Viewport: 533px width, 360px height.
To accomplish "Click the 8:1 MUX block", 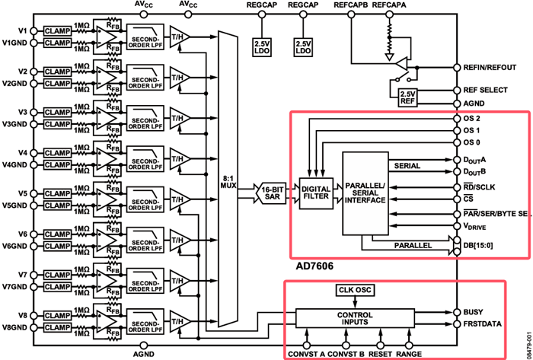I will point(228,182).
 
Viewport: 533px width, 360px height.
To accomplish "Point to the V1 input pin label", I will point(22,30).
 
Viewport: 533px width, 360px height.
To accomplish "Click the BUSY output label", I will point(474,311).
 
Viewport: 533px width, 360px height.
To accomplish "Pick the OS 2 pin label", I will point(472,119).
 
